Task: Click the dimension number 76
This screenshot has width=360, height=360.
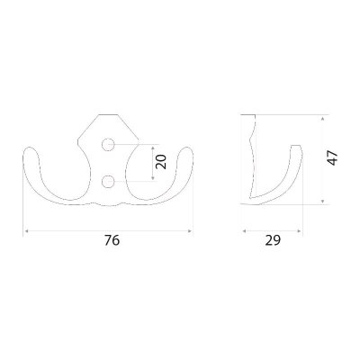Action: tap(112, 240)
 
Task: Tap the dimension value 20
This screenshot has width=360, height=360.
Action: tap(161, 162)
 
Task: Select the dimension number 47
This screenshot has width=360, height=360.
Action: tap(332, 158)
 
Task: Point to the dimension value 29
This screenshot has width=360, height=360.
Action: tap(273, 240)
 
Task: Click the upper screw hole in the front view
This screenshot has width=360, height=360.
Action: tap(108, 145)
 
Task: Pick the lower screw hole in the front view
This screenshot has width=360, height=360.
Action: tap(108, 182)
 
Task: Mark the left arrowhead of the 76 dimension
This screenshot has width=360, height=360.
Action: tap(26, 231)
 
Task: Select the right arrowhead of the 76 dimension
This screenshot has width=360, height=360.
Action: tap(190, 231)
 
